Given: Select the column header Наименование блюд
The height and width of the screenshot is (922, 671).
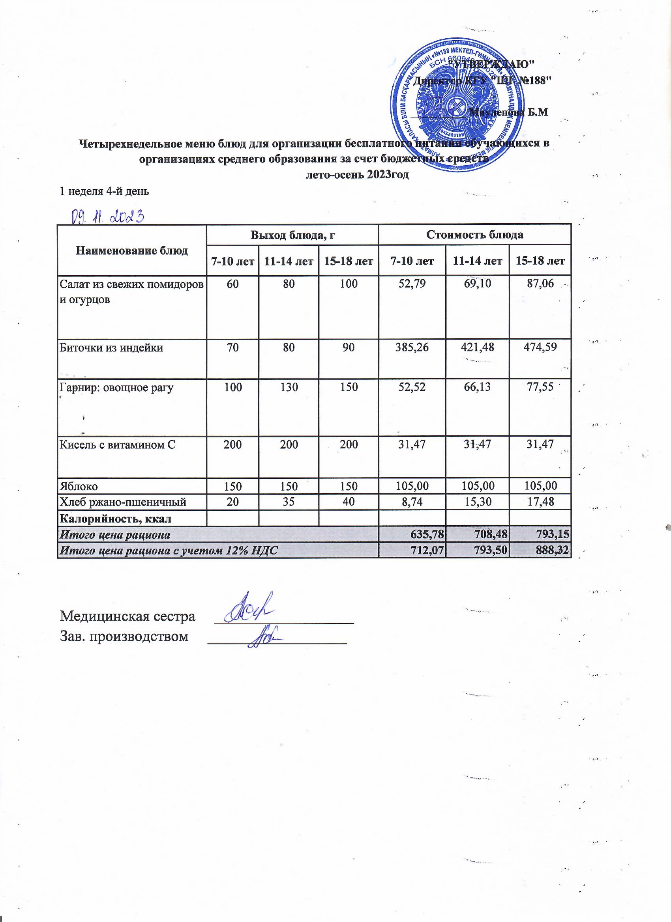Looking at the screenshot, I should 132,250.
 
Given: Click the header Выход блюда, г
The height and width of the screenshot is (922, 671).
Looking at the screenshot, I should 292,235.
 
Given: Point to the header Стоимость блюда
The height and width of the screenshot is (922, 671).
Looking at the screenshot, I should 474,235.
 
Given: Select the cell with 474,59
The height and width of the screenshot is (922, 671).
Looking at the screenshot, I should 540,347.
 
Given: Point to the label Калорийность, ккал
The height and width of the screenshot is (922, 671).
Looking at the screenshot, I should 116,519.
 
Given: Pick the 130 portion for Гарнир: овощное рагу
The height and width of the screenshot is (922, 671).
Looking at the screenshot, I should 289,387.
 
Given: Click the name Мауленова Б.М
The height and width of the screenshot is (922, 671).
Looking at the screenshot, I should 509,113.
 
